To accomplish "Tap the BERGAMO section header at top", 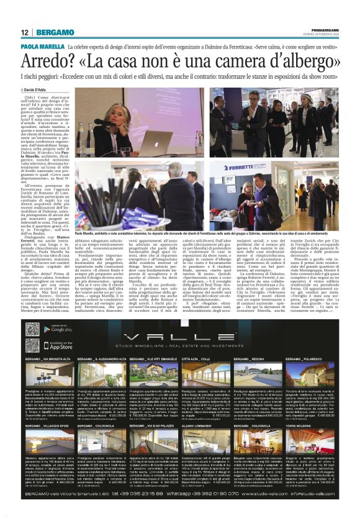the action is point(55,32).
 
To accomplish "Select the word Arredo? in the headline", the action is point(49,62).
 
